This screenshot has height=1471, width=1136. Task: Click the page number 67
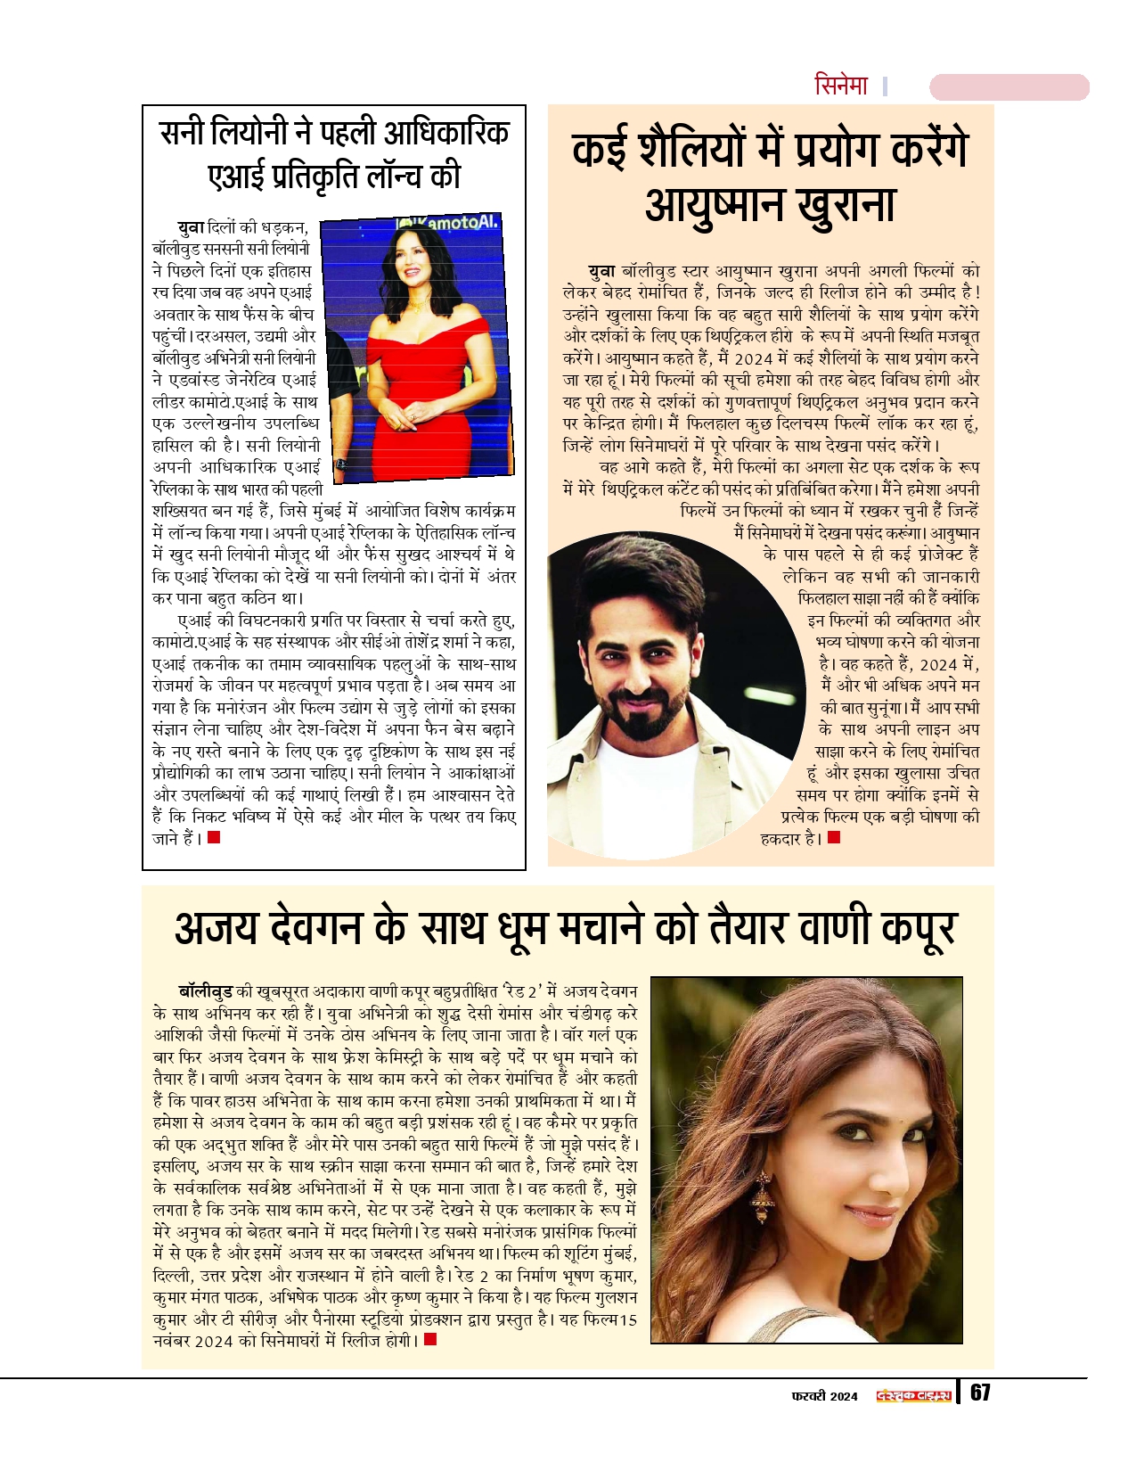coord(979,1393)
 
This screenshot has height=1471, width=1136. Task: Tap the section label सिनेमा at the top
coord(841,86)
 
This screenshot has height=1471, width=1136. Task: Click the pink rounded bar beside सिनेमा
coord(1009,87)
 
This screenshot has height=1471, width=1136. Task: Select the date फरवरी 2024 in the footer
coord(824,1396)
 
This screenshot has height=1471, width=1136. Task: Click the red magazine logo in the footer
coord(914,1395)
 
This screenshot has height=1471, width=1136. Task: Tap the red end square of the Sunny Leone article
coord(214,837)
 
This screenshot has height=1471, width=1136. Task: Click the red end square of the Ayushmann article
coord(834,837)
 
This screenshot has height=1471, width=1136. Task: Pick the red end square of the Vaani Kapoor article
coord(430,1339)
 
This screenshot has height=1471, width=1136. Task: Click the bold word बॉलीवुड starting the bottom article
coord(205,991)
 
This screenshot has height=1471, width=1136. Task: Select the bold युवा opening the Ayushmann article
coord(601,270)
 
